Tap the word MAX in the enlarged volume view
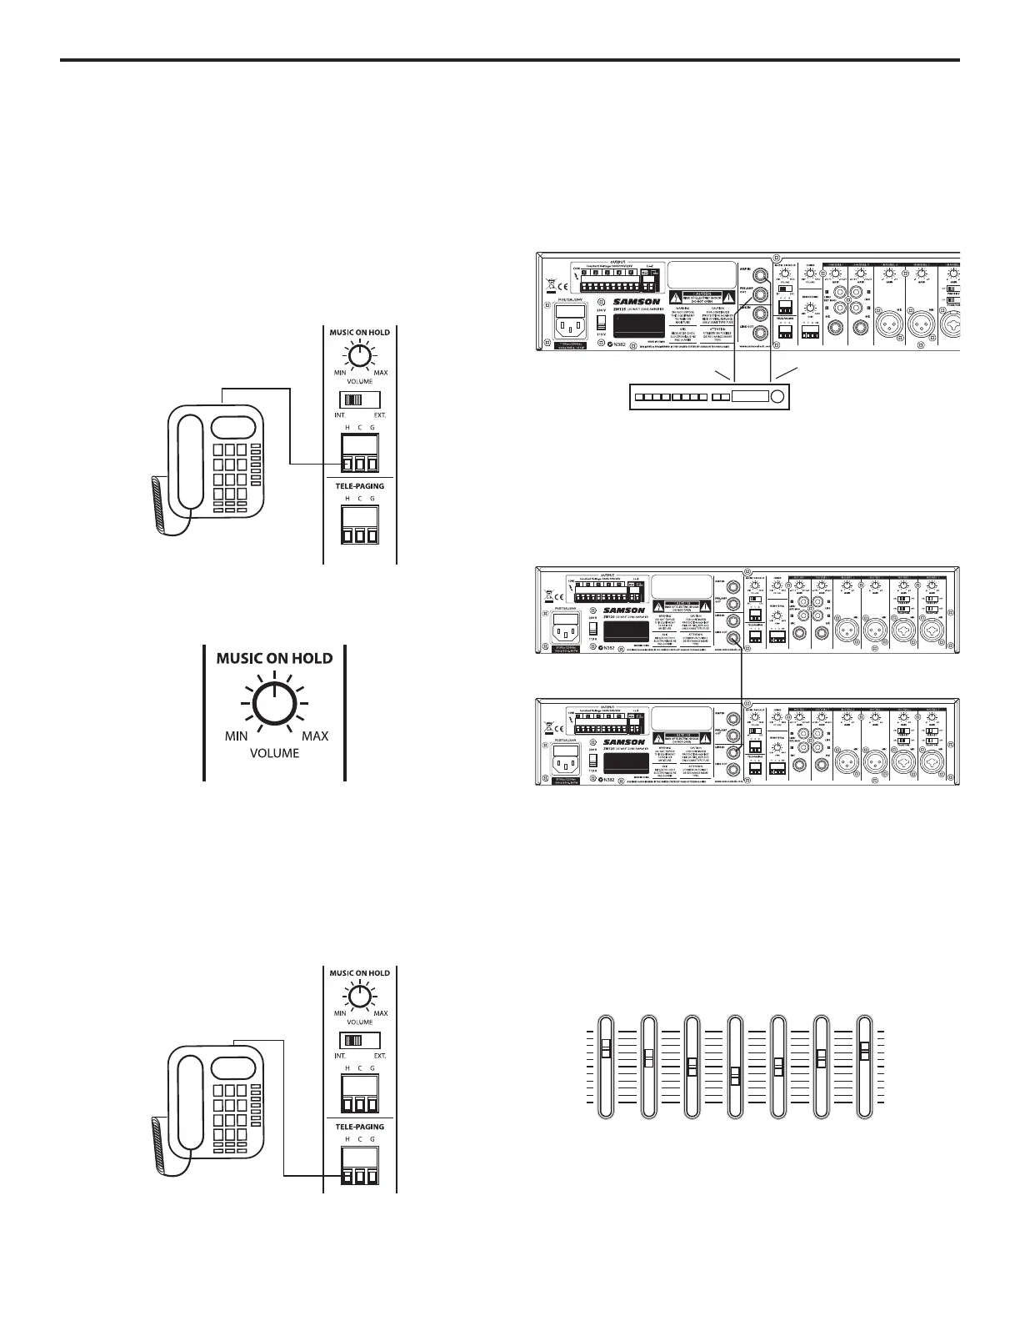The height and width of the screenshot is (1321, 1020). pyautogui.click(x=315, y=736)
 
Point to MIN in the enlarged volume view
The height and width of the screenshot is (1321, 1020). pyautogui.click(x=237, y=736)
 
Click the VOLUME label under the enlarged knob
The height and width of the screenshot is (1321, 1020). pyautogui.click(x=275, y=753)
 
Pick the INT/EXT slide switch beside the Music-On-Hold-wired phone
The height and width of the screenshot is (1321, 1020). pyautogui.click(x=359, y=399)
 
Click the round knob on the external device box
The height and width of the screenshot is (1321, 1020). pyautogui.click(x=778, y=397)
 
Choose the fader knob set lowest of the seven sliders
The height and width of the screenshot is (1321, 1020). pyautogui.click(x=734, y=1076)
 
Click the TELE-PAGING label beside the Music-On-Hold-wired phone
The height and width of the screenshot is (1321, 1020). pyautogui.click(x=359, y=485)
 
